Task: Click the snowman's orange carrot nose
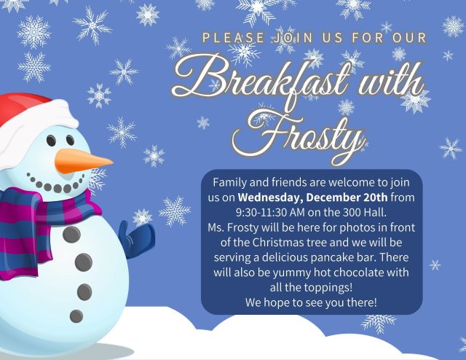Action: [82, 161]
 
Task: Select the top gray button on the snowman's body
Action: [71, 234]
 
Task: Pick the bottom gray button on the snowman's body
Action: [76, 316]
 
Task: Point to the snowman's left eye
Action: [51, 141]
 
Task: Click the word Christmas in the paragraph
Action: [276, 243]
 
